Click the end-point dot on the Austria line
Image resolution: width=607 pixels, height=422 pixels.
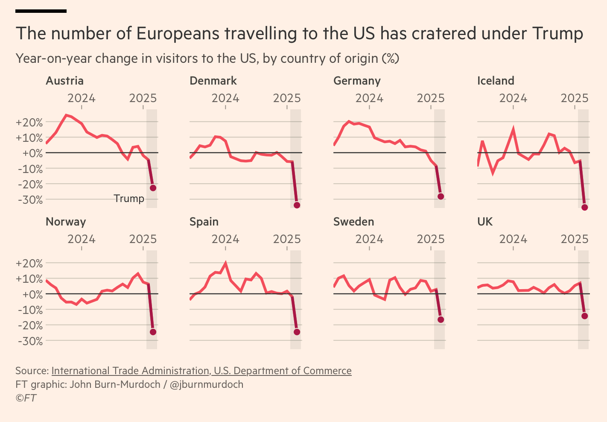click(153, 188)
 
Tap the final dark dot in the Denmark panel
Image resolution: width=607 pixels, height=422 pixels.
click(297, 205)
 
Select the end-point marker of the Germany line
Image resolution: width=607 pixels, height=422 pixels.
click(441, 196)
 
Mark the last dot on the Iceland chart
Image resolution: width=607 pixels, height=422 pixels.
click(585, 208)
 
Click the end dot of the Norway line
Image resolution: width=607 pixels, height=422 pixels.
click(153, 332)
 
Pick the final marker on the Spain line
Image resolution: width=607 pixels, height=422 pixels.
click(297, 332)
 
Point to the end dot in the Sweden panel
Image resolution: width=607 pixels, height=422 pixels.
click(441, 319)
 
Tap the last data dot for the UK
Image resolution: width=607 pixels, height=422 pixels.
click(585, 316)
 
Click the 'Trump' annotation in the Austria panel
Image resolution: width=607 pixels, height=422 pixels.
click(129, 199)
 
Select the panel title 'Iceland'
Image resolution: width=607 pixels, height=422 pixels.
click(496, 81)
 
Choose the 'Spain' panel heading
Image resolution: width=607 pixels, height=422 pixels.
click(204, 222)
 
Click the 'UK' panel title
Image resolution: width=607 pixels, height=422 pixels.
click(485, 222)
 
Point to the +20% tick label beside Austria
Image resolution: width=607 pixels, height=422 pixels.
click(29, 123)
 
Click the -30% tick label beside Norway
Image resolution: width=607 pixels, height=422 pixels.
click(29, 341)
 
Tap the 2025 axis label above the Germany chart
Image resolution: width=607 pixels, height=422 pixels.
click(431, 98)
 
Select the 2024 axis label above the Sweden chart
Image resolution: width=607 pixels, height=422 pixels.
click(369, 239)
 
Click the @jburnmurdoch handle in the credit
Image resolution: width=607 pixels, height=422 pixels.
click(207, 384)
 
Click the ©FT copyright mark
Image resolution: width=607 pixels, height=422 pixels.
click(26, 398)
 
